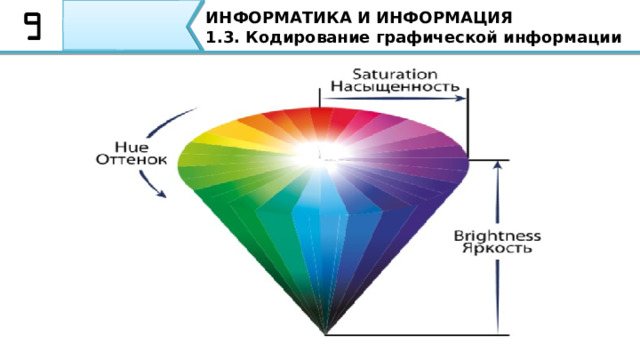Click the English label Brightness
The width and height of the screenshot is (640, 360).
pos(498,236)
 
